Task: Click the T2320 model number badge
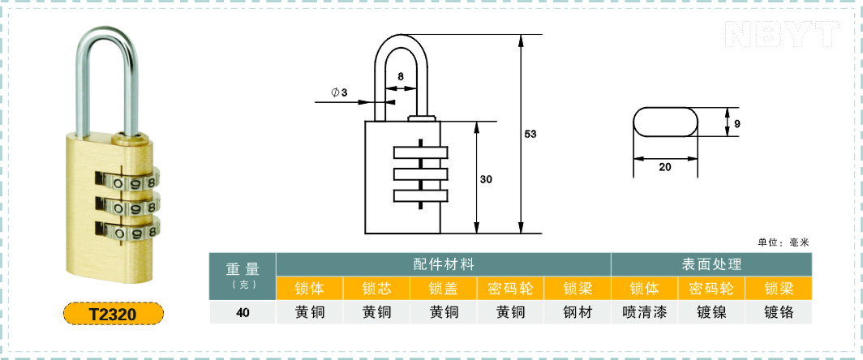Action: coord(114,315)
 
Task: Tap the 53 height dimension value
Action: coord(530,134)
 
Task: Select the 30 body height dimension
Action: coord(486,179)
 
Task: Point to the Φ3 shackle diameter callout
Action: coord(339,92)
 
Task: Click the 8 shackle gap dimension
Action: coord(401,76)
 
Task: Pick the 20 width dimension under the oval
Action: coord(665,167)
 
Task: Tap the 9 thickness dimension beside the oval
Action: coord(737,124)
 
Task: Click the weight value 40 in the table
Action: coord(243,313)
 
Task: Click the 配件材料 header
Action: coord(444,264)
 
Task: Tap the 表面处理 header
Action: coord(711,264)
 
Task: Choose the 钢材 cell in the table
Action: coord(577,313)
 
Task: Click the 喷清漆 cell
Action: coord(645,313)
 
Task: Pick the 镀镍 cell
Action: coord(711,313)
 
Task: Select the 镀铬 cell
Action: coord(779,313)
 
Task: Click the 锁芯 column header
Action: coord(376,289)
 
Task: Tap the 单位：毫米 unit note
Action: coord(784,242)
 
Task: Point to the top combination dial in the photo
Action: coord(127,180)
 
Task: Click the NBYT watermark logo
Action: coord(783,34)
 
